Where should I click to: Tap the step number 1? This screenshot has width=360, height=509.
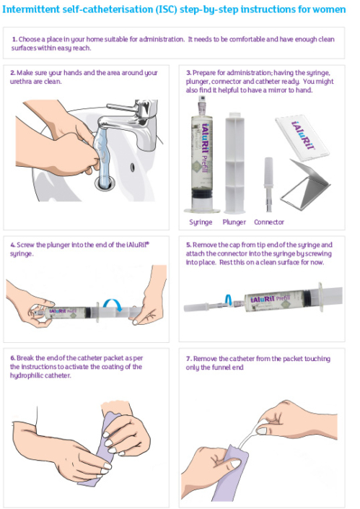pos(14,40)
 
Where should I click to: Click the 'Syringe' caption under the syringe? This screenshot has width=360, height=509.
pos(201,222)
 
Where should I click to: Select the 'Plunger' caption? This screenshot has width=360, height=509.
pos(234,222)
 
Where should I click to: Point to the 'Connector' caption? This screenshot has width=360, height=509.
pos(269,222)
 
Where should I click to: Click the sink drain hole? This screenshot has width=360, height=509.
pos(105,183)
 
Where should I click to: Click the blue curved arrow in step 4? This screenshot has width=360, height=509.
pos(113,304)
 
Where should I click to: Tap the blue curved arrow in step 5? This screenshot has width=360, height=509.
pos(229,299)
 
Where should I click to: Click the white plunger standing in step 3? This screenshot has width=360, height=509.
pos(234,163)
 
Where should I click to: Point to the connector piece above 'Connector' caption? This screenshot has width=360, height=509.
pos(268,184)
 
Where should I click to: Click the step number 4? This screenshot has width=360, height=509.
pos(13,245)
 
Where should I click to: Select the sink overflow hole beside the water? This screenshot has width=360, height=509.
pos(132,168)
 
